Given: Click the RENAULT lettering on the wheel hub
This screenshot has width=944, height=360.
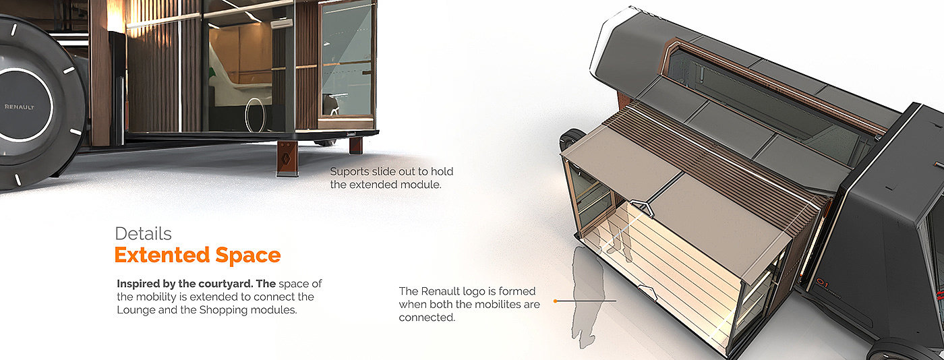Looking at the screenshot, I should [x=19, y=107].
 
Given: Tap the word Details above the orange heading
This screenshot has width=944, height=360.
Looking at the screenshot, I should [x=143, y=234].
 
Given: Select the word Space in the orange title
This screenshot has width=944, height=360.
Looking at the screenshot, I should [x=247, y=256].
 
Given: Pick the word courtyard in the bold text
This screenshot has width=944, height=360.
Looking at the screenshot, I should [x=209, y=283].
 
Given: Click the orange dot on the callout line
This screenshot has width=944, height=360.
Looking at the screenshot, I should [x=555, y=301].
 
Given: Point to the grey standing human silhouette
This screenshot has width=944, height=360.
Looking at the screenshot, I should [x=584, y=297].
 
